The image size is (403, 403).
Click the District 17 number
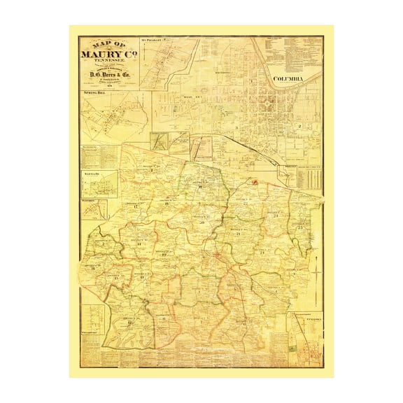[x=133, y=208]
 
